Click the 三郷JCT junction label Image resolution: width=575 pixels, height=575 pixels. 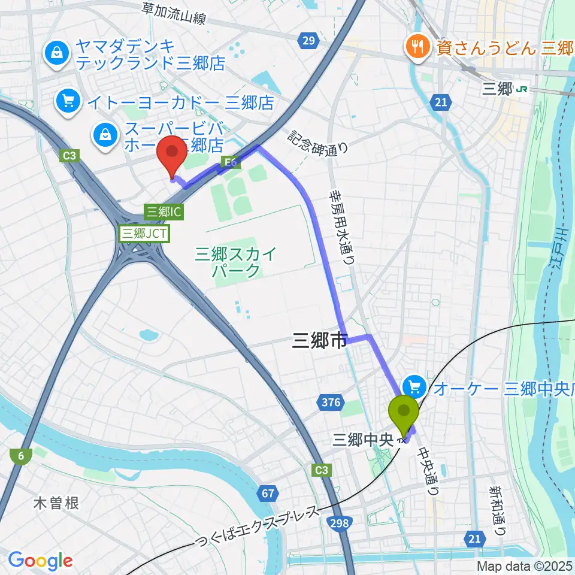(145, 232)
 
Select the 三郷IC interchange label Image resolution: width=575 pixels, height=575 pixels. (163, 211)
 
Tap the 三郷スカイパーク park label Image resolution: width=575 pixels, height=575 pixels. (236, 262)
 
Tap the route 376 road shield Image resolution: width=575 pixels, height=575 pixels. (331, 402)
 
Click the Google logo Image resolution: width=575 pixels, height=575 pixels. (40, 561)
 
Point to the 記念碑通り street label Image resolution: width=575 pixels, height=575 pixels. (317, 143)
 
